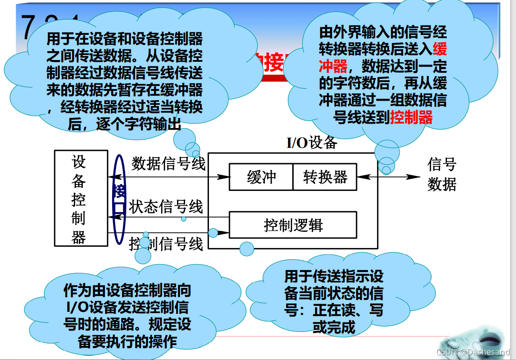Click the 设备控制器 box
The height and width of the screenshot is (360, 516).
pos(81,198)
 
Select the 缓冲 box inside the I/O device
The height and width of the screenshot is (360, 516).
pos(261,177)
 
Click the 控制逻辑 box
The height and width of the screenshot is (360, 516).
pos(293,225)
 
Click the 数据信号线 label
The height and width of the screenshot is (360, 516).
pos(168,164)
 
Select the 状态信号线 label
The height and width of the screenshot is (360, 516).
pos(166,207)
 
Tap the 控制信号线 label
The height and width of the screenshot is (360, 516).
pos(166,245)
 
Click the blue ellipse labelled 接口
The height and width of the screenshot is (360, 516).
pos(119,199)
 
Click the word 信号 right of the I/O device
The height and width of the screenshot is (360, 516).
pos(442,164)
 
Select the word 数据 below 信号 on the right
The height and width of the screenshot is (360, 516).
pos(442,184)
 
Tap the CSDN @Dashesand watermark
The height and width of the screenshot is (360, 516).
pos(473,352)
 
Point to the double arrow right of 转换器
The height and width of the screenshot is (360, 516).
pos(388,177)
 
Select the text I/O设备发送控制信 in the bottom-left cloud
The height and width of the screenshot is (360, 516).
pos(128,308)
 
